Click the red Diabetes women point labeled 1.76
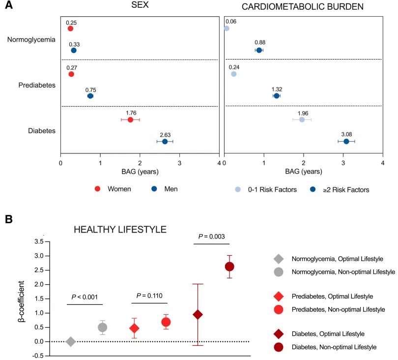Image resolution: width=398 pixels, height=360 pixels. pos(130,120)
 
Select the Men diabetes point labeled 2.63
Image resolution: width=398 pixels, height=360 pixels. pos(165,142)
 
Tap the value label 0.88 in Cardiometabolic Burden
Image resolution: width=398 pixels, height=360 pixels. pos(260,43)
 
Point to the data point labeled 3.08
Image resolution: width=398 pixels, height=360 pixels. pos(346,142)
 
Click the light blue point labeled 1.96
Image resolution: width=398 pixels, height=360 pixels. pos(302,120)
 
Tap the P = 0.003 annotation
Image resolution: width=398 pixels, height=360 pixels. pos(212,237)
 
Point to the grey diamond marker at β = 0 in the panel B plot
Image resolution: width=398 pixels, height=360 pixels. pos(70,341)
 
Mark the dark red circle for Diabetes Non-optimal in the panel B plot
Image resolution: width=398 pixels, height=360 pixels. pos(229,267)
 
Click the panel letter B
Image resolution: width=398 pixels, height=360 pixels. pos(9,218)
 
